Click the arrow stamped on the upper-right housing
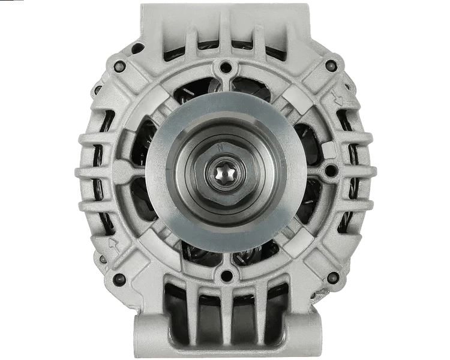(x=338, y=99)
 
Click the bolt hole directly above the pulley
(x=226, y=67)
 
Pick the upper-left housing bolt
(x=121, y=65)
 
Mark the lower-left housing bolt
(x=120, y=278)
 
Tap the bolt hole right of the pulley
(x=329, y=172)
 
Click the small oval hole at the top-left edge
(x=137, y=48)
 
